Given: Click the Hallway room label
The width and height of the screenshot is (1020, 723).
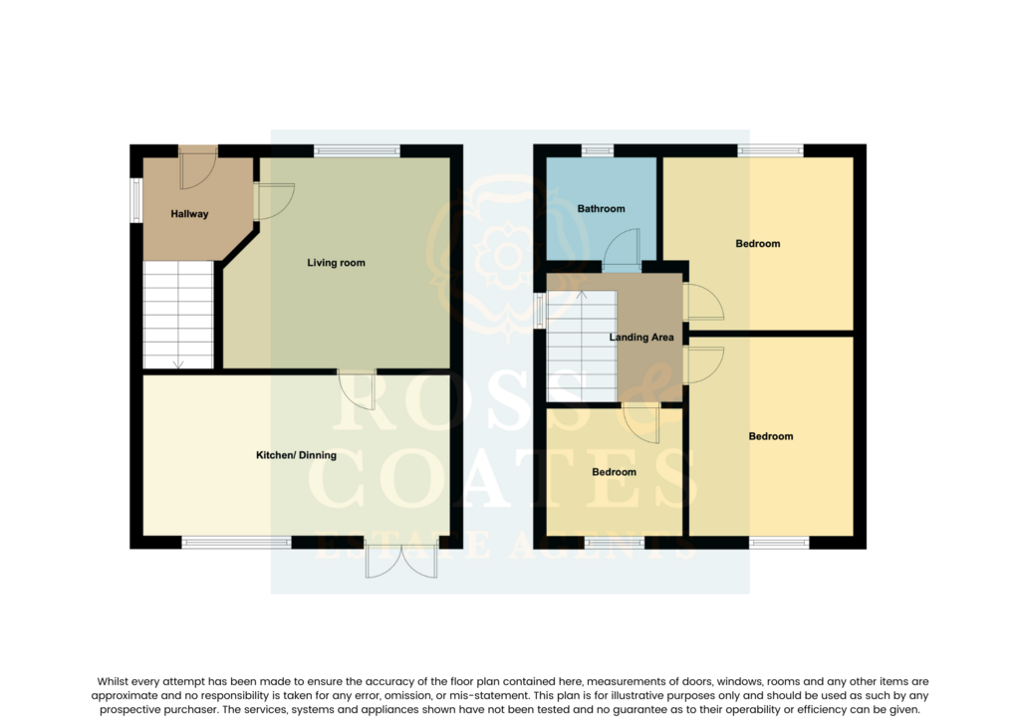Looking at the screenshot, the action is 189,214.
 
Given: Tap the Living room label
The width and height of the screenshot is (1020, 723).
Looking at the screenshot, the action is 336,263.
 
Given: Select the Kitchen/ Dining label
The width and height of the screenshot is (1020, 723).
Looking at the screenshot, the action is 296,455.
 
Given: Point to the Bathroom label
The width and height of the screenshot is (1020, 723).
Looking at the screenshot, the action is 601,209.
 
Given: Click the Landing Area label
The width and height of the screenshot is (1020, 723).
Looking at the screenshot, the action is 641,338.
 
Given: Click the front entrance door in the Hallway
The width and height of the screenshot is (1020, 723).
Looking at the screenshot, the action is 198,167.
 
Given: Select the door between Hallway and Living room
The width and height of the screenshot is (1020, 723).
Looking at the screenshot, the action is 275,201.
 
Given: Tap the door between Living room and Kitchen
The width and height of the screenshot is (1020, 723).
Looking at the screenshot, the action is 358,389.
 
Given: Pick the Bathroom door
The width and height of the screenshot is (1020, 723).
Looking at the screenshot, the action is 622,249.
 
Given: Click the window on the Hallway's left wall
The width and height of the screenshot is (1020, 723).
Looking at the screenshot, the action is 135,200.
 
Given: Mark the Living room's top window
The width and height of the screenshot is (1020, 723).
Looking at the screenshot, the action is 358,150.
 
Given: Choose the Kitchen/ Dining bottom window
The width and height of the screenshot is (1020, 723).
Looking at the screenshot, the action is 236,542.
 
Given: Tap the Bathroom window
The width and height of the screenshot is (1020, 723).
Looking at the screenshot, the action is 598,150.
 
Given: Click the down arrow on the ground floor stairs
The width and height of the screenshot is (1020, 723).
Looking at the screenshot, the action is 178,364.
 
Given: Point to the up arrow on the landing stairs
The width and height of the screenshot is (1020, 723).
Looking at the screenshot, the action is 582,296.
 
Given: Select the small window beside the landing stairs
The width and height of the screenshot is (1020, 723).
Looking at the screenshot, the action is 539,310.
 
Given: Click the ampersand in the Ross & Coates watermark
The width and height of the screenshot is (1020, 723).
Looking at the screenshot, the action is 645,390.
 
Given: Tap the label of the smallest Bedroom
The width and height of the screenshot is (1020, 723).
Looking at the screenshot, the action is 614,472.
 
